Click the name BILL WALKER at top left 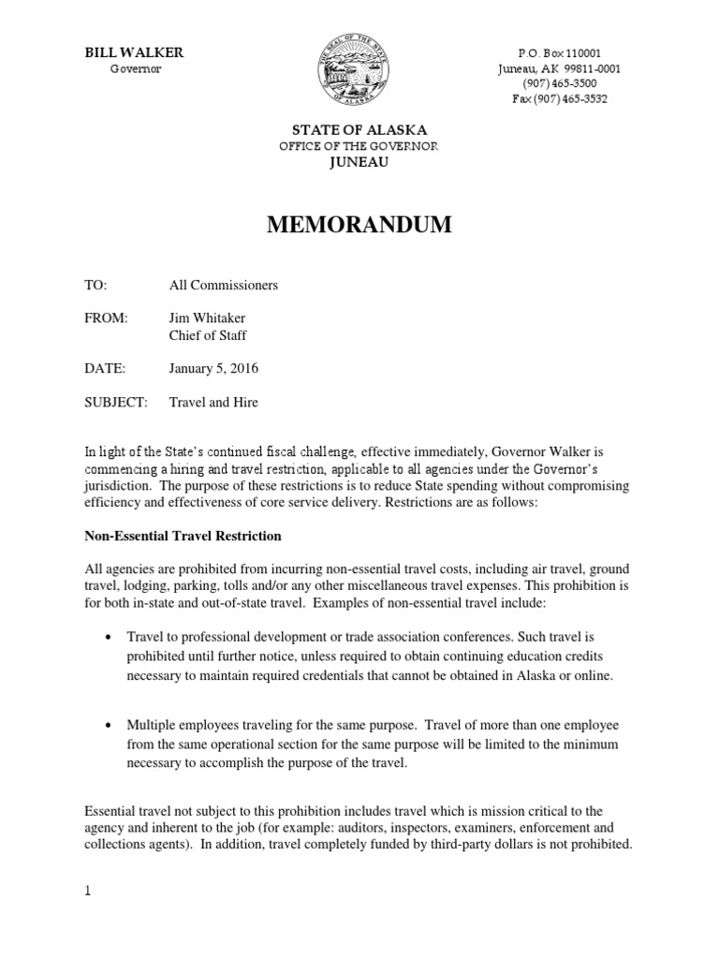[x=134, y=52]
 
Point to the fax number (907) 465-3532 [x=560, y=98]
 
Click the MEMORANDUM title [x=359, y=225]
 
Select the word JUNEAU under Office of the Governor [x=359, y=161]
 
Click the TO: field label [x=96, y=284]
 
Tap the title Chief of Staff [x=208, y=335]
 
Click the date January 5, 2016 [x=213, y=368]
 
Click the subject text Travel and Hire [x=213, y=402]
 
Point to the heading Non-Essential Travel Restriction [x=183, y=537]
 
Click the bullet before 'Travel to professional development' [x=109, y=636]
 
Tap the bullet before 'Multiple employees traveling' [x=109, y=726]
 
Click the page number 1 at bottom [x=88, y=892]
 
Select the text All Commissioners [x=223, y=284]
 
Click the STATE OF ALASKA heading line [x=359, y=130]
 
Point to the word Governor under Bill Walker [x=136, y=69]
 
